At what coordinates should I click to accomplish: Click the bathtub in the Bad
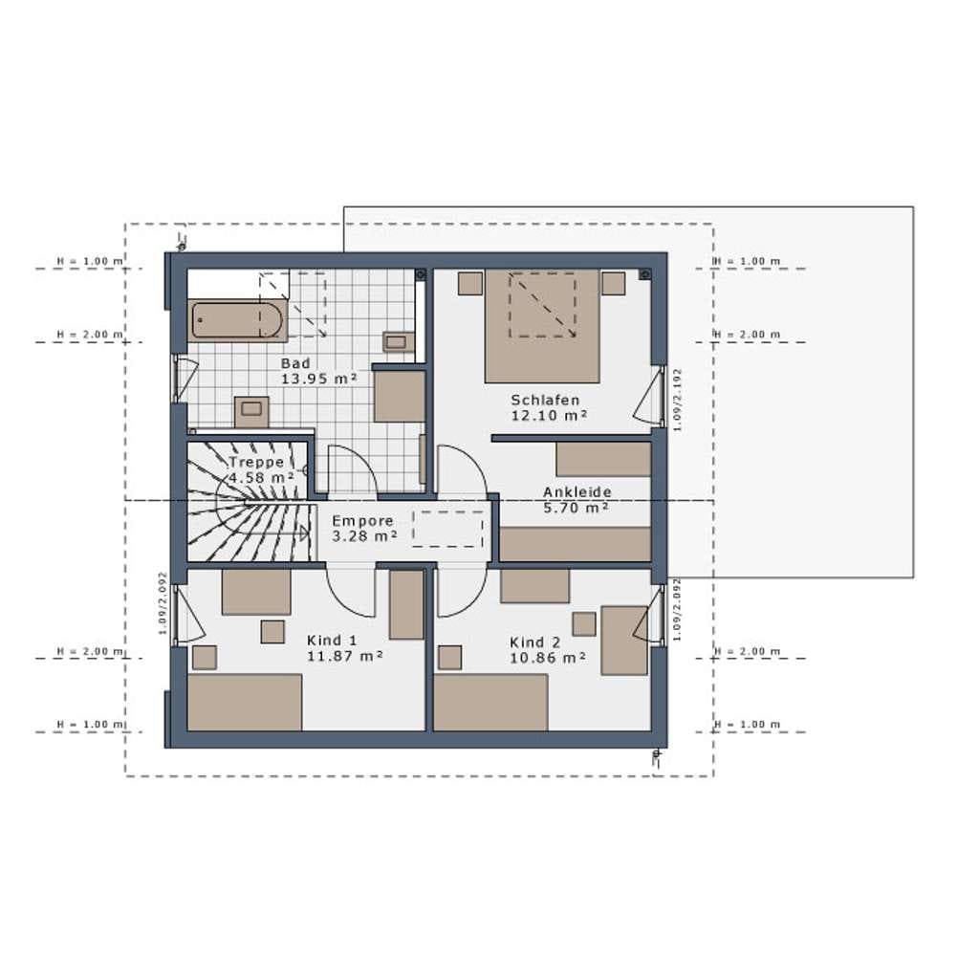coord(237,320)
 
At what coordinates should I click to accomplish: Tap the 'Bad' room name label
coord(295,363)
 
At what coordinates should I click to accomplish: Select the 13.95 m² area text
coord(319,379)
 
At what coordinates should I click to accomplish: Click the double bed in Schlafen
coord(543,325)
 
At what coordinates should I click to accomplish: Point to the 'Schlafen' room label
coord(545,400)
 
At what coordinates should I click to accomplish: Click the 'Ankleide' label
coord(577,492)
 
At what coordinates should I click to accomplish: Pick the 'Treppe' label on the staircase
coord(256,463)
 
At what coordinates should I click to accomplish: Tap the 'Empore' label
coord(362,521)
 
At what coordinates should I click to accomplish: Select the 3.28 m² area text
coord(364,536)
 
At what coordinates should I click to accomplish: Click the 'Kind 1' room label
coord(332,641)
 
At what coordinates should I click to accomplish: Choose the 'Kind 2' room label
coord(535,642)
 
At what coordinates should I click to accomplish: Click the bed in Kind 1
coord(245,702)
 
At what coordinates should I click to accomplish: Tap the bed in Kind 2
coord(490,702)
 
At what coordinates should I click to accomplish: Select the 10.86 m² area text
coord(548,658)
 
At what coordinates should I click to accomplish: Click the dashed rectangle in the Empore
coord(447,530)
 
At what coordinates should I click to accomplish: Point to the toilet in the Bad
coord(251,411)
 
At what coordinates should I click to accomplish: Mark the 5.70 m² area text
coord(576,509)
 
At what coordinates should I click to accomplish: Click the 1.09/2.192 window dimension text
coord(678,400)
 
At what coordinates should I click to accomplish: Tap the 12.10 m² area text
coord(550,416)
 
